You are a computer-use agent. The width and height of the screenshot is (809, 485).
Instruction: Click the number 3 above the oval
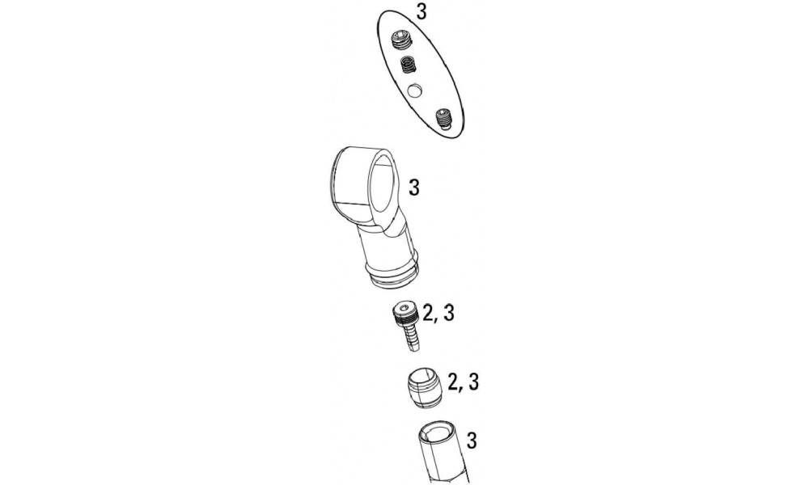coord(421,12)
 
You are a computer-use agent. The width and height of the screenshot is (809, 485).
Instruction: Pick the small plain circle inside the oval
coord(414,91)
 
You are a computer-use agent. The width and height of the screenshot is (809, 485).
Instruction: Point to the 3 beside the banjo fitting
coord(413,188)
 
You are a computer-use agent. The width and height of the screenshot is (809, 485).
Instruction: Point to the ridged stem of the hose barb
coord(410,338)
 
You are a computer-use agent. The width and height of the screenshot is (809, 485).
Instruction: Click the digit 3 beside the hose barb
coord(448,314)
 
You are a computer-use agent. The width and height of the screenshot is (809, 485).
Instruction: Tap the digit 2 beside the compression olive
coord(455,382)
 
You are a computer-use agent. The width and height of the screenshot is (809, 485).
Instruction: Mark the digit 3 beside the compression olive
coord(473,382)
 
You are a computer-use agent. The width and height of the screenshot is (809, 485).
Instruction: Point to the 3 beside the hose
coord(471,441)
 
